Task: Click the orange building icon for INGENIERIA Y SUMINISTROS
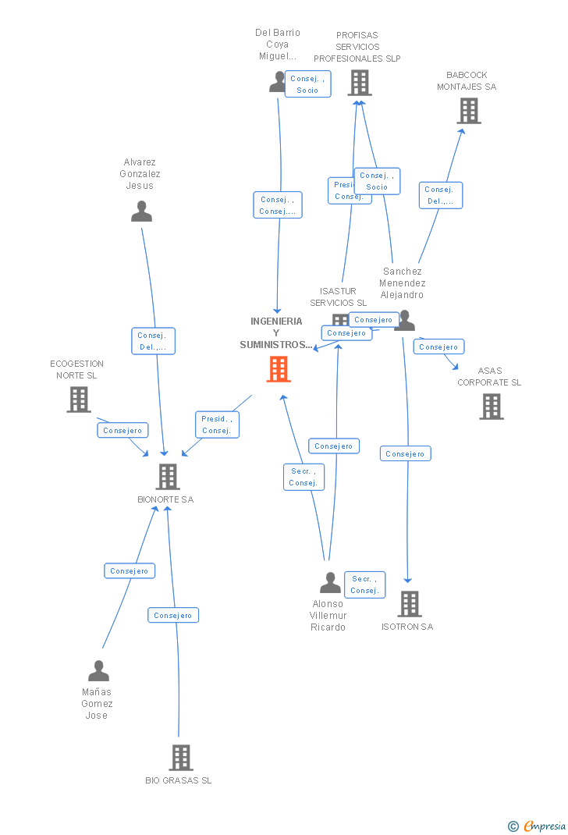[x=279, y=369]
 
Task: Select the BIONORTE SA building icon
[x=168, y=476]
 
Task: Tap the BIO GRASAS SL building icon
[x=181, y=757]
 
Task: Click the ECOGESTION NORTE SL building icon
[x=79, y=400]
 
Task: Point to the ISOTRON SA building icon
[x=410, y=603]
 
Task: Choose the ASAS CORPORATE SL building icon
[x=492, y=406]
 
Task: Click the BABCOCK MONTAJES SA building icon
[x=469, y=111]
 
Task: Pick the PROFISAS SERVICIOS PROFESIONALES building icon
[x=360, y=83]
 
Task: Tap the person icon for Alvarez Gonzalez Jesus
[x=141, y=211]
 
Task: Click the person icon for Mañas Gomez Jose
[x=98, y=671]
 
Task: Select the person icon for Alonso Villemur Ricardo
[x=330, y=582]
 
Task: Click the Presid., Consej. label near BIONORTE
[x=216, y=425]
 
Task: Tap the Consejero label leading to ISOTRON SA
[x=405, y=453]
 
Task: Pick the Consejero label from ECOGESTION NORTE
[x=122, y=430]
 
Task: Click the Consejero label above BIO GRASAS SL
[x=173, y=615]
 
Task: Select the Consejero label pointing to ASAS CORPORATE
[x=438, y=346]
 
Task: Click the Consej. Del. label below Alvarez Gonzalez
[x=152, y=341]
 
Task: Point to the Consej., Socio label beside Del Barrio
[x=307, y=84]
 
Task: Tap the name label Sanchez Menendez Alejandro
[x=403, y=283]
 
